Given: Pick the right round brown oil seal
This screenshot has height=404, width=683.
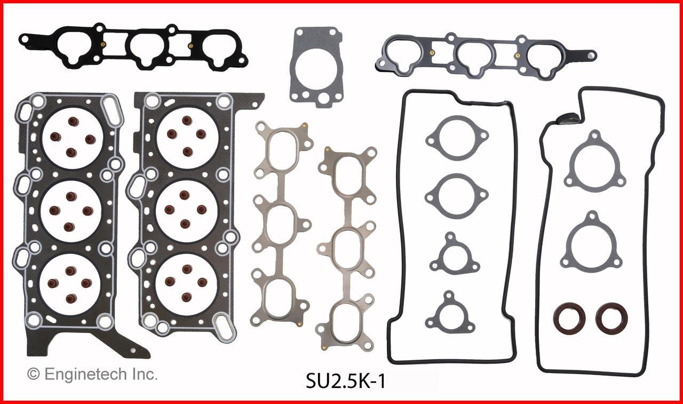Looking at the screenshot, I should point(611,316).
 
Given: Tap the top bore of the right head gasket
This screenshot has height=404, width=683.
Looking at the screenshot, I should point(186,133).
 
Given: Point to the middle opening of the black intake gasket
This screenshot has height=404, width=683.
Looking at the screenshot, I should point(147,51).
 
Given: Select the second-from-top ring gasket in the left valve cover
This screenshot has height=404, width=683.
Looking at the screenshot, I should point(457,195).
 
